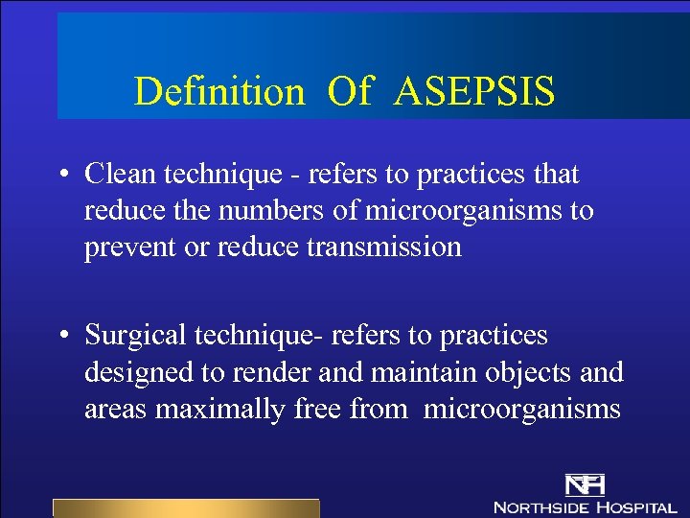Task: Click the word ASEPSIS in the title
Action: coord(474,92)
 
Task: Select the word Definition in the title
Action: coord(218,92)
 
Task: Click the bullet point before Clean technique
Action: coord(61,176)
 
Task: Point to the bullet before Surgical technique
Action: coord(61,337)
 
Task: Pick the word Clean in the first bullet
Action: coord(121,175)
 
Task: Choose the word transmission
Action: coord(383,247)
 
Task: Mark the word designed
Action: coord(141,373)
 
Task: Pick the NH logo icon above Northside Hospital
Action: coord(585,483)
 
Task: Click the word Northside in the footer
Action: coord(540,506)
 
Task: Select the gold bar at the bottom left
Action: coord(185,508)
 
